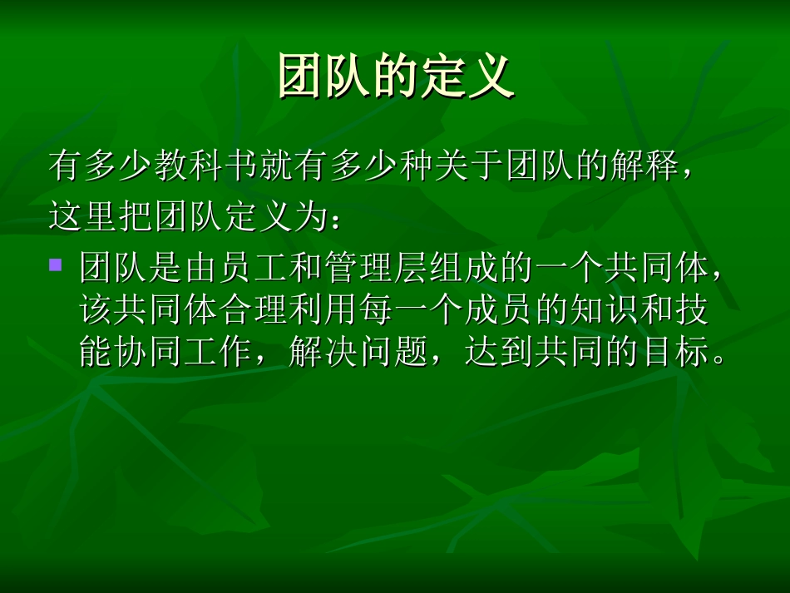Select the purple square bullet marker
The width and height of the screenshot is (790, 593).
[57, 265]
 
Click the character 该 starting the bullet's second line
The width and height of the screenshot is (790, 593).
[96, 311]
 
